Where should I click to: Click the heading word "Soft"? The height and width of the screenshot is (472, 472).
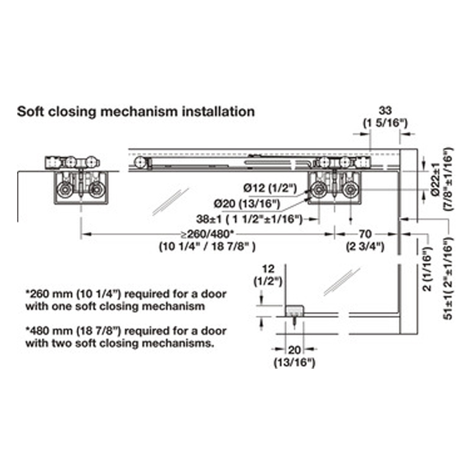tap(31, 112)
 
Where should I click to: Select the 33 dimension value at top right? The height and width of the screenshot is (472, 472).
tap(385, 110)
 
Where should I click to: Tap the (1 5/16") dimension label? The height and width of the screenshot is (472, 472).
tap(385, 123)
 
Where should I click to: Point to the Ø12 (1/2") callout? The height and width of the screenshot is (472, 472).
tap(270, 188)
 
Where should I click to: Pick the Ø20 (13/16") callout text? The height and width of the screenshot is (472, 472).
tap(247, 204)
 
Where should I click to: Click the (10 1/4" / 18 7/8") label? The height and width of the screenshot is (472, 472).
tap(208, 247)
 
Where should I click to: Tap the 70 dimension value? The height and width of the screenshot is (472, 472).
tap(365, 234)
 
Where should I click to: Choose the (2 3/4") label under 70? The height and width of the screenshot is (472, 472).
tap(365, 247)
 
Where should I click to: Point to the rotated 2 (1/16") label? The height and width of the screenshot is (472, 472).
tap(427, 269)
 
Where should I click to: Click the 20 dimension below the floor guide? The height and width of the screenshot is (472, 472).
tap(294, 350)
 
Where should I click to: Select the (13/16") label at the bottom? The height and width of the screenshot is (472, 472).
tap(294, 362)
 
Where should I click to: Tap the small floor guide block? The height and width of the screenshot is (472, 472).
tap(294, 311)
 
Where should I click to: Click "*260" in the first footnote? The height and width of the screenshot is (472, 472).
tap(38, 294)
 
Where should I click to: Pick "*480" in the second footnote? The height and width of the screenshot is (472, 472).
tap(38, 331)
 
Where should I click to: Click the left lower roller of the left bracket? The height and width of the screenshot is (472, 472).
tap(64, 190)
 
